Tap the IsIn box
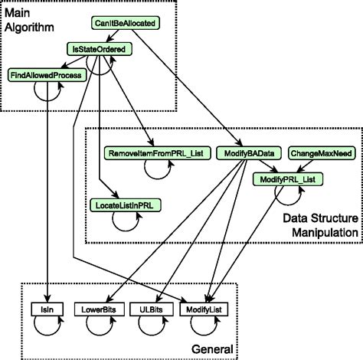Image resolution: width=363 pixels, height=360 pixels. tap(47, 309)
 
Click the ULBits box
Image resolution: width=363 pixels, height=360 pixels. tap(148, 309)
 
